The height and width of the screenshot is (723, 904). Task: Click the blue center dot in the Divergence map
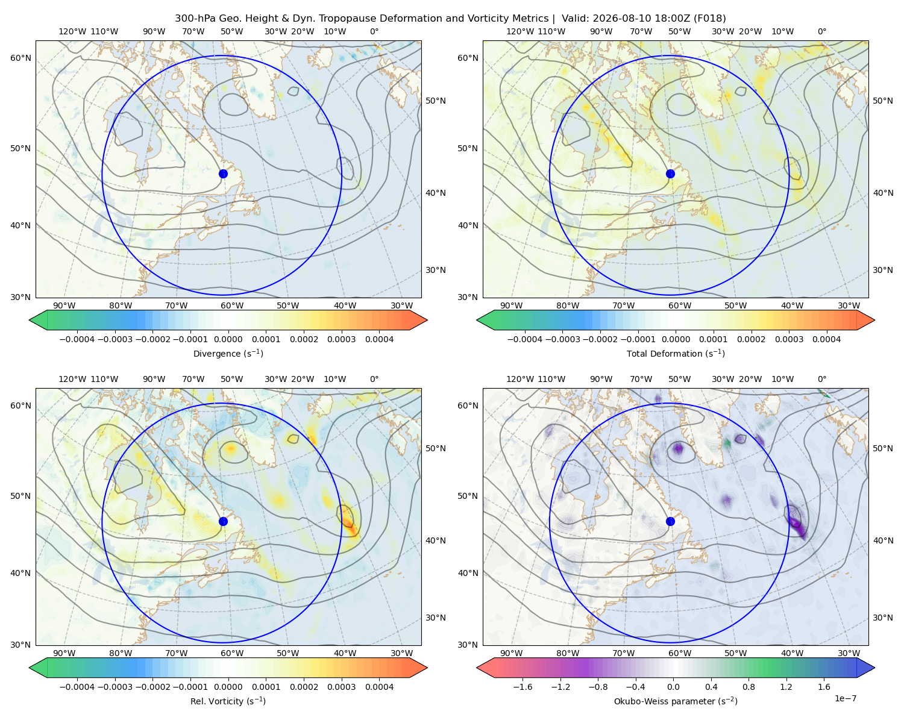click(223, 174)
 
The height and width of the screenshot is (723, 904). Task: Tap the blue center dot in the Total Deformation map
click(670, 174)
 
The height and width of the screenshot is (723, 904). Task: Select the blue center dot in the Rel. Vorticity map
click(223, 521)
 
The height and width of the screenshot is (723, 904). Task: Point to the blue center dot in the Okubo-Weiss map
click(670, 521)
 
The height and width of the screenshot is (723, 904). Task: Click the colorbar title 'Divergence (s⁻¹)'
click(228, 353)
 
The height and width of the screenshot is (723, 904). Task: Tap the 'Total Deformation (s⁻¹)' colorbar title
click(676, 353)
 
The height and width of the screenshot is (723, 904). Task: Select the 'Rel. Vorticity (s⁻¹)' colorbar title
click(228, 701)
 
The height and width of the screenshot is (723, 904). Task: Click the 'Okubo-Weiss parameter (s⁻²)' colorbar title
click(676, 701)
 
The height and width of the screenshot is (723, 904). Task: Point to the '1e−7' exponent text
click(845, 698)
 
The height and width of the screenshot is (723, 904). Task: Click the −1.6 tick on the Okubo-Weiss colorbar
click(523, 686)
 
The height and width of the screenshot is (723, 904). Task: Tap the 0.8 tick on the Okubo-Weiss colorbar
click(749, 686)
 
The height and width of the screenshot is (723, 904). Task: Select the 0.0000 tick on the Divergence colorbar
click(228, 339)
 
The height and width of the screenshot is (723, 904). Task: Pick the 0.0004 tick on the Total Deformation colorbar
click(826, 339)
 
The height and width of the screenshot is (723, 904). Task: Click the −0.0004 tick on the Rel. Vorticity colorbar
click(77, 686)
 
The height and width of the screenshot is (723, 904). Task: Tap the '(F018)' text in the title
click(709, 19)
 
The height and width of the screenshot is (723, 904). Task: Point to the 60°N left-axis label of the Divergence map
click(20, 58)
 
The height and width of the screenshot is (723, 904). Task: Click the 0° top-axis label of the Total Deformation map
click(821, 31)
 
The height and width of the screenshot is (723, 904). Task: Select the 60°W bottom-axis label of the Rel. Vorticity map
click(232, 653)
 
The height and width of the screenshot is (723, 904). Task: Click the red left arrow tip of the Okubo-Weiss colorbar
click(477, 667)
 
